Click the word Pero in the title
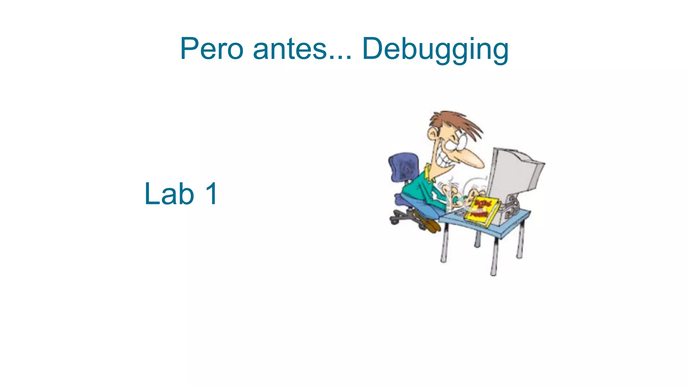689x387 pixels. pos(212,49)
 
